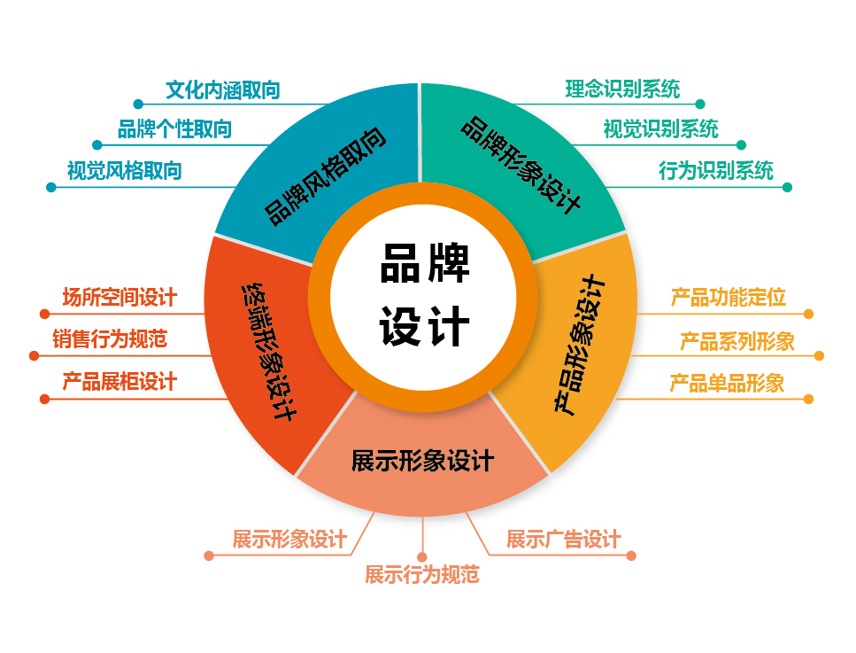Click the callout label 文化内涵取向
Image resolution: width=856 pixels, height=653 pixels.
(223, 90)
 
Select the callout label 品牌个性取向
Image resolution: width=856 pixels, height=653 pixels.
(174, 129)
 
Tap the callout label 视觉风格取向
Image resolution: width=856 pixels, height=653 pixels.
(125, 171)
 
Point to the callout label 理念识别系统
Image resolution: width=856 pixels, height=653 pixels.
(622, 89)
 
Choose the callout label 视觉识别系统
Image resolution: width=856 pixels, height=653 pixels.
(660, 129)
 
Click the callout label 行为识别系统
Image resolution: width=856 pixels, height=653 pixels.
(716, 170)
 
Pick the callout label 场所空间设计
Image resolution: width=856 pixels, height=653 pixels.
(120, 298)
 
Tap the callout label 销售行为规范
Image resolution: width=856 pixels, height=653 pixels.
(110, 339)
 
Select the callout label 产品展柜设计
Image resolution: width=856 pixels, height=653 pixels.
(120, 382)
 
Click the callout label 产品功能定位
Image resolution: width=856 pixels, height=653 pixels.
(729, 298)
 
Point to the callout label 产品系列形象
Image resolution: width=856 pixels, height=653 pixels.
(737, 342)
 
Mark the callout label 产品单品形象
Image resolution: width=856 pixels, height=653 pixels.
(727, 384)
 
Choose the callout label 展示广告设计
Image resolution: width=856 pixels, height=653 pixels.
(563, 540)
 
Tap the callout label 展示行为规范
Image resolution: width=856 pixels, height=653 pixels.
(422, 575)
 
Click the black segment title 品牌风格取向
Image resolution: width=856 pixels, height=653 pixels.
(326, 176)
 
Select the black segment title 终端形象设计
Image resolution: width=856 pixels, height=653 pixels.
(269, 352)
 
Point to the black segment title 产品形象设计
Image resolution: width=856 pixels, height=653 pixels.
(580, 345)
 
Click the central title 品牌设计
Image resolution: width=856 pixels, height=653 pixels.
(425, 295)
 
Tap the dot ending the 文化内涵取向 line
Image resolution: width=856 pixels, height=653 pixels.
(138, 104)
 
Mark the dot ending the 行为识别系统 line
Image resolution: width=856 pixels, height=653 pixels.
(787, 188)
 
